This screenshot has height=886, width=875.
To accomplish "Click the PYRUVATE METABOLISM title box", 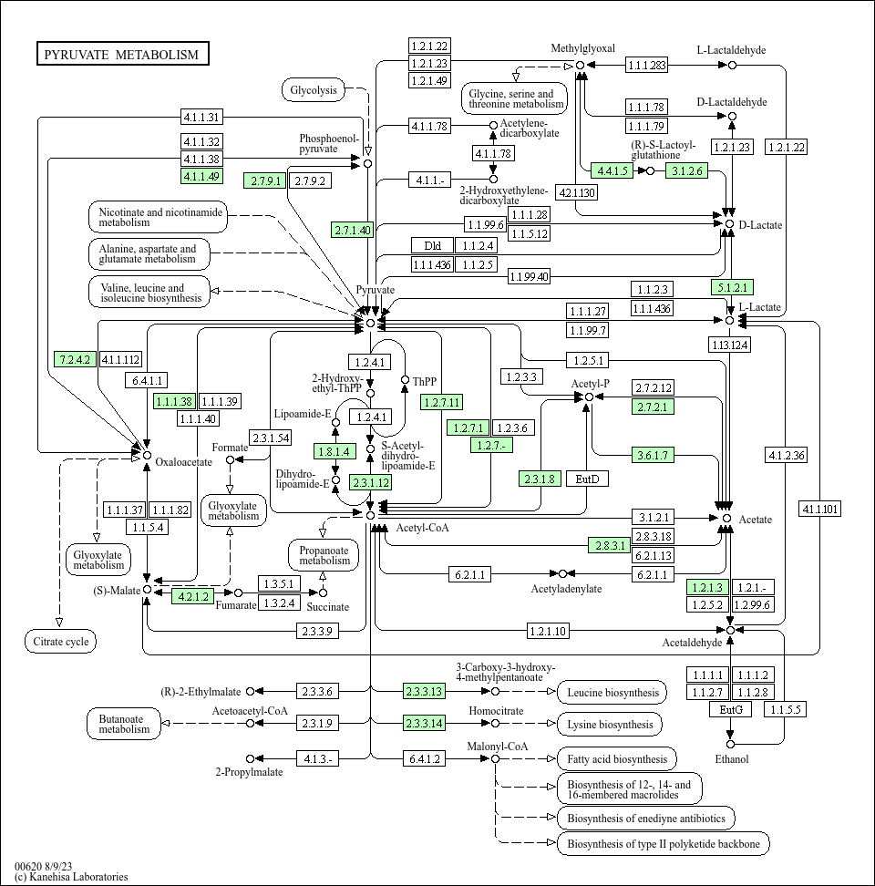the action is click(122, 54).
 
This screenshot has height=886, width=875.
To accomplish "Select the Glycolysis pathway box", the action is click(314, 90).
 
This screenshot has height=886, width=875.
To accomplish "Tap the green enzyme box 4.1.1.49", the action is click(201, 176).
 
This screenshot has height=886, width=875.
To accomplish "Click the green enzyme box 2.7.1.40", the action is click(353, 230).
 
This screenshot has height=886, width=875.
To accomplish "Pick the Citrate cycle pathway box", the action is click(60, 642).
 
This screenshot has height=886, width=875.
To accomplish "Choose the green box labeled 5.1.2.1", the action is click(732, 287).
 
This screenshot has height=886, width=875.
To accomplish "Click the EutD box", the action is click(588, 479).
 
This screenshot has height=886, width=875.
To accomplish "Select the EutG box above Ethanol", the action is click(731, 709).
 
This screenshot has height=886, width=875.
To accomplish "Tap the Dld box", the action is click(432, 245).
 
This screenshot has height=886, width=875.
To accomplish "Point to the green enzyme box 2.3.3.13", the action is click(424, 691).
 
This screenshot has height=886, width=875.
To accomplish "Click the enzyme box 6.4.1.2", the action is click(424, 758).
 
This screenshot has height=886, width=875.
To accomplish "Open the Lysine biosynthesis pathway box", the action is click(610, 725).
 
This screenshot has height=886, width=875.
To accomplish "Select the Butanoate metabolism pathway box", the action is click(124, 724).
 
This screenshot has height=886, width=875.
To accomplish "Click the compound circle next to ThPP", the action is click(405, 380).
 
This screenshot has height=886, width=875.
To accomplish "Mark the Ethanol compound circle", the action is click(730, 744).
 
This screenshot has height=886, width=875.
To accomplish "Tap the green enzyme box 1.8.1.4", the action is click(335, 451).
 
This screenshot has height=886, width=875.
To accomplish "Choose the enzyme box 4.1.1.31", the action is click(201, 117).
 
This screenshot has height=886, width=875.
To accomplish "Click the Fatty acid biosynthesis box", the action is click(617, 759).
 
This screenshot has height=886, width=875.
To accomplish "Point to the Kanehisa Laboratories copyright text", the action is click(71, 877).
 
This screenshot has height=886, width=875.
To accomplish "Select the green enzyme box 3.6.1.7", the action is click(653, 455).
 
